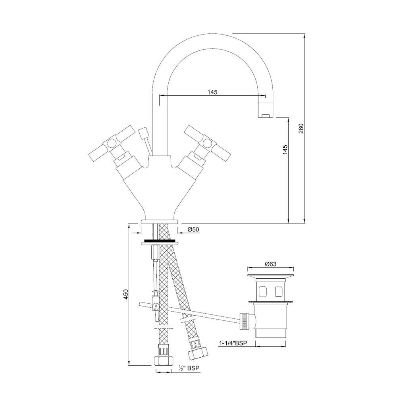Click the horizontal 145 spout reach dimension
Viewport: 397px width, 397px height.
coord(212,92)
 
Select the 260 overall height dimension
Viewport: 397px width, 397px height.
coord(301,129)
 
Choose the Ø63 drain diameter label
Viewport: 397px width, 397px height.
coord(270,264)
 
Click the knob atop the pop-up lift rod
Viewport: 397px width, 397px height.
coord(143,132)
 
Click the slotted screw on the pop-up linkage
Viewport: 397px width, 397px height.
coord(156,306)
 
